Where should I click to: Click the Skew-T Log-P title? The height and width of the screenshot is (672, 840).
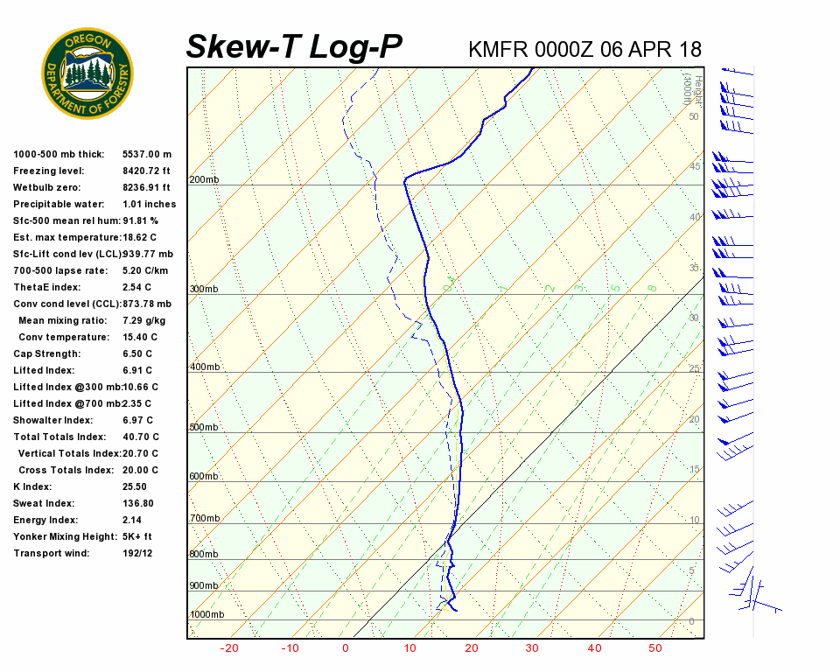(294, 46)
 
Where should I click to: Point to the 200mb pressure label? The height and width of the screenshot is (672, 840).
(204, 180)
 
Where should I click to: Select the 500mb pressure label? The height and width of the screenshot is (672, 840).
(204, 428)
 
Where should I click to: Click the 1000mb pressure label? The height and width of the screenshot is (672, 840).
(206, 615)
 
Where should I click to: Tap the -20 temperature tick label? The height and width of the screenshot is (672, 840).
(229, 648)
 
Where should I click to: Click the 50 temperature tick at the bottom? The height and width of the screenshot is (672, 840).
(655, 648)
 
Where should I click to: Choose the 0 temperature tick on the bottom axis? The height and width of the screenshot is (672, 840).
(346, 648)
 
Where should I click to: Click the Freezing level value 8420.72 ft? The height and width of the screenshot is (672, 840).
(146, 171)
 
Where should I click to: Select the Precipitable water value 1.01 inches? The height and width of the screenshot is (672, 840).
(149, 205)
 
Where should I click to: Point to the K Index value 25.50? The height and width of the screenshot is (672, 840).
(135, 487)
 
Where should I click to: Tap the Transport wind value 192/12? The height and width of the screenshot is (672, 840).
(137, 554)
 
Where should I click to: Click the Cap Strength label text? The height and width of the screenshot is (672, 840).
(46, 354)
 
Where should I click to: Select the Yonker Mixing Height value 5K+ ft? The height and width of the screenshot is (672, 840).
(137, 537)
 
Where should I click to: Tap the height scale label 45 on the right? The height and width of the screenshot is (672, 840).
(695, 166)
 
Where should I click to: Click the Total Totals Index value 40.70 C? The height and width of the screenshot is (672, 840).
(141, 437)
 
